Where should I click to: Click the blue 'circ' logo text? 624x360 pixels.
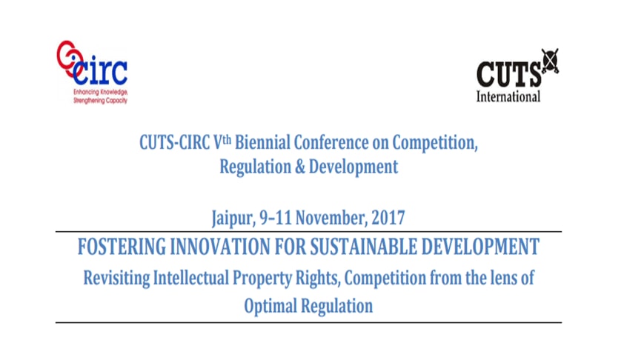(100, 72)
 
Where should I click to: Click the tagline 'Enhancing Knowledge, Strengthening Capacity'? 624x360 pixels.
(100, 96)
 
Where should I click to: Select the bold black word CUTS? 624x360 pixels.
(508, 74)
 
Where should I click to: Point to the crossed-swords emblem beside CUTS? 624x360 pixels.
(550, 61)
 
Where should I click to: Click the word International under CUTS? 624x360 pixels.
(508, 96)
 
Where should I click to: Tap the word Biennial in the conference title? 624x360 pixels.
(262, 142)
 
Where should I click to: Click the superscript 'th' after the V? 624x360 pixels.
(227, 139)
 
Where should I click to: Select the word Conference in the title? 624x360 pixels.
(331, 142)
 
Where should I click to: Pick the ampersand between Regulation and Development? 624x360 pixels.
(300, 166)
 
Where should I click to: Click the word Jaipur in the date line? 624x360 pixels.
(233, 218)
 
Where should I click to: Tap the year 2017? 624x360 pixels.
(388, 218)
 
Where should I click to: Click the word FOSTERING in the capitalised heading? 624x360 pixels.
(122, 246)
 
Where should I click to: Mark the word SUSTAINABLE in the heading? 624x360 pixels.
(363, 246)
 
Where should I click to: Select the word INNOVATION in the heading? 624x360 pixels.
(220, 246)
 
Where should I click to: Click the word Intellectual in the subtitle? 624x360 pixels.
(191, 278)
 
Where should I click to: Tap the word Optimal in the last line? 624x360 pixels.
(270, 306)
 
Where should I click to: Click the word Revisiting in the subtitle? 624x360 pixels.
(116, 278)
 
